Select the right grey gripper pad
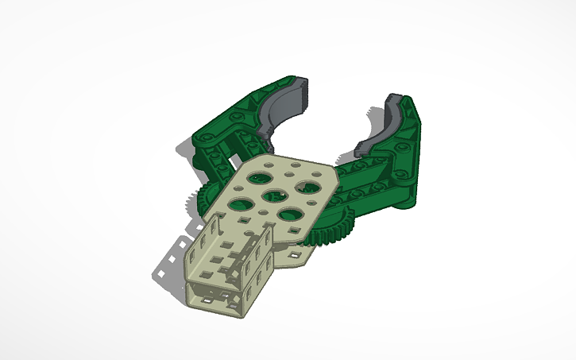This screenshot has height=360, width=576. (x=381, y=127)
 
